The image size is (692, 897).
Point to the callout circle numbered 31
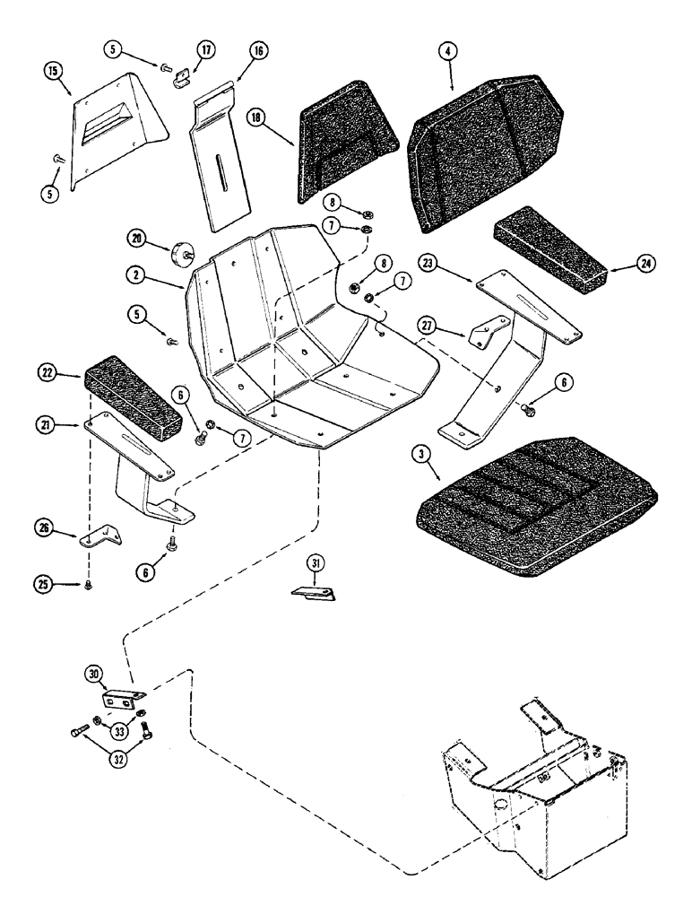click(x=313, y=563)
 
